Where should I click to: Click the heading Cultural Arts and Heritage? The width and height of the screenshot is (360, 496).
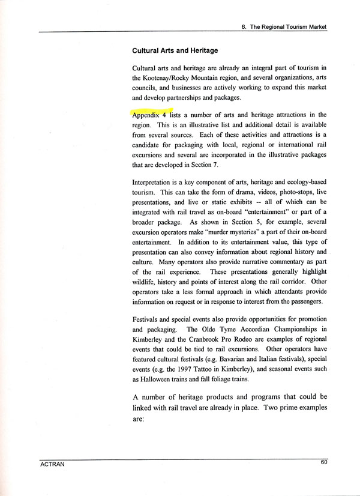click(175, 50)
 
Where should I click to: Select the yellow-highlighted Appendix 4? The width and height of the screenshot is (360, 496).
click(149, 114)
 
